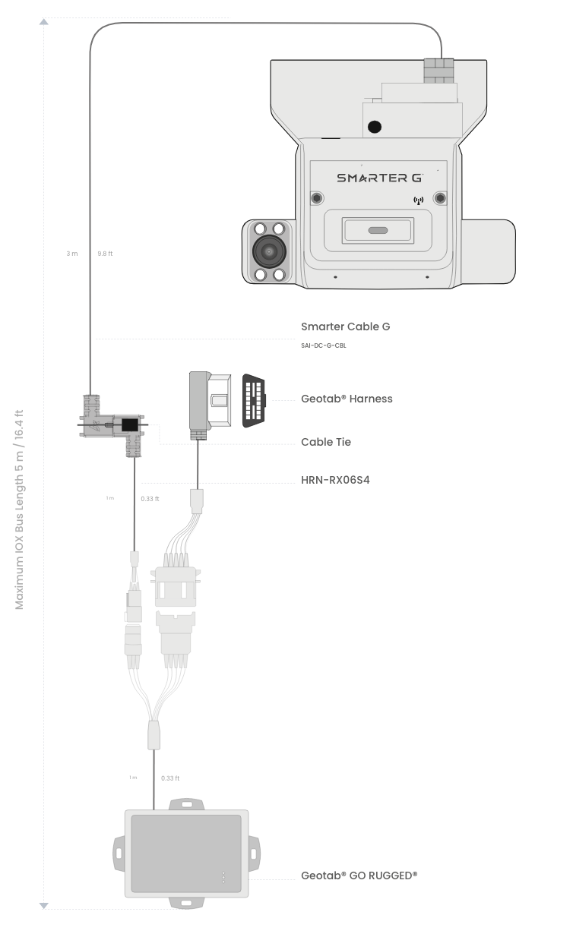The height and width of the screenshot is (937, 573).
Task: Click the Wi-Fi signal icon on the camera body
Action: (417, 200)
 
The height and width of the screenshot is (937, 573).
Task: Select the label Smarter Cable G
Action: (346, 327)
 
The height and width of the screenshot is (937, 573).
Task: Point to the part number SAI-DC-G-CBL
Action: (324, 345)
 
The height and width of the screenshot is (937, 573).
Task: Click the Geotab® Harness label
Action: (347, 399)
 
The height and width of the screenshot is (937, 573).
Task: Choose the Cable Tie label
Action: (326, 442)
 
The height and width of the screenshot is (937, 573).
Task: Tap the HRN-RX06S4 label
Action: (335, 480)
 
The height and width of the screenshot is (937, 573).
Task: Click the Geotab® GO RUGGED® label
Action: (359, 875)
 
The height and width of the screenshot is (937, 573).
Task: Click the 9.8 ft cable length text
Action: (105, 254)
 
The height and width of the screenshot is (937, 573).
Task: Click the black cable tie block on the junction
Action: (130, 424)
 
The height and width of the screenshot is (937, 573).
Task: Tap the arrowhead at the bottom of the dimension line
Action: (44, 905)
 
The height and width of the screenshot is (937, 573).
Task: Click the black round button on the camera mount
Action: (374, 128)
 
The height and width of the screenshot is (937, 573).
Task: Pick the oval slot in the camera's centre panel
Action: (378, 229)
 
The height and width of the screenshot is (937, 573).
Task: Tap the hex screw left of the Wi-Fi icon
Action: (317, 199)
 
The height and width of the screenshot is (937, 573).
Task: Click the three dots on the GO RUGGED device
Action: (223, 876)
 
